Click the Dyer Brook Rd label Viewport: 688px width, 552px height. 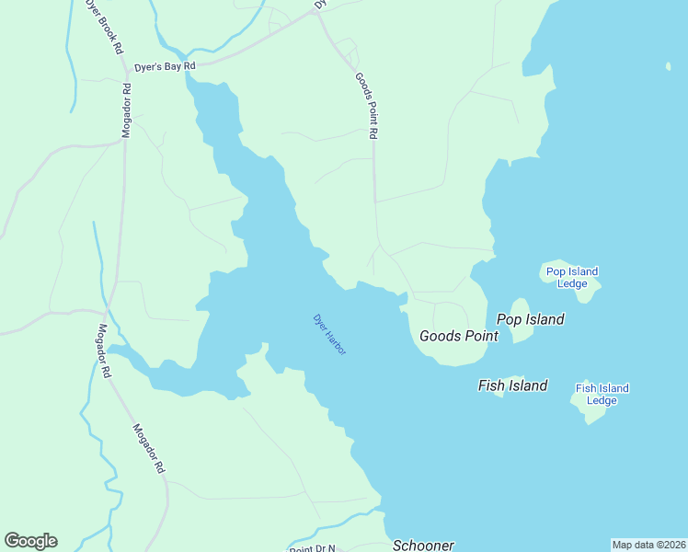(x=104, y=28)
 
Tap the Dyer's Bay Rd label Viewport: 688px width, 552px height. (x=166, y=66)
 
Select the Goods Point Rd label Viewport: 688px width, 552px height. (x=366, y=106)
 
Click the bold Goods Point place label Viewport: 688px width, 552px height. (x=459, y=336)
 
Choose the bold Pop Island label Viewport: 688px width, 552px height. (x=531, y=319)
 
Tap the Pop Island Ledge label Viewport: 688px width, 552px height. (x=572, y=277)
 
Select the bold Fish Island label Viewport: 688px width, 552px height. (x=512, y=385)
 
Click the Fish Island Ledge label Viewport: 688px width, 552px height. (x=602, y=394)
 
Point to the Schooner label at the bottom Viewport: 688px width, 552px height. (x=423, y=545)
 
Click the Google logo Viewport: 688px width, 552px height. (x=30, y=541)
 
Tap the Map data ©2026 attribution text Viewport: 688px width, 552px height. (x=648, y=544)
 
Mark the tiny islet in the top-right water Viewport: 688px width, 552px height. (x=669, y=65)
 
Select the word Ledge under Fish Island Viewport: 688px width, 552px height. (x=602, y=400)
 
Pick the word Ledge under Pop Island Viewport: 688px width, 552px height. (x=572, y=283)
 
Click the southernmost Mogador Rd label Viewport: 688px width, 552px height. (x=148, y=448)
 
